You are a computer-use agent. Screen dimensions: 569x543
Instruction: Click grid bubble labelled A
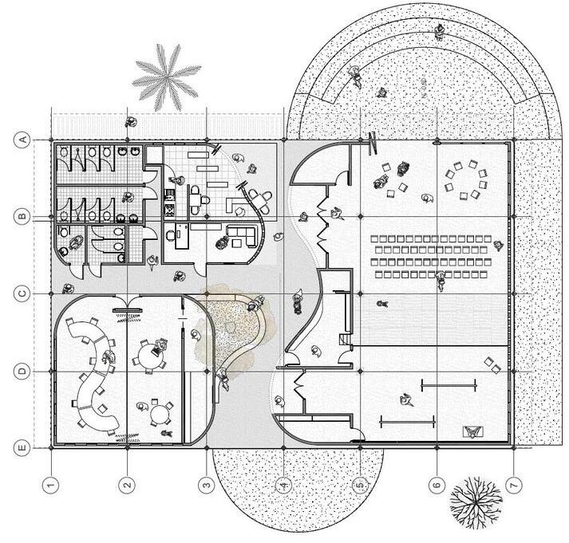click(x=23, y=140)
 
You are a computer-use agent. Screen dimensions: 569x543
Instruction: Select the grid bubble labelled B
click(x=23, y=215)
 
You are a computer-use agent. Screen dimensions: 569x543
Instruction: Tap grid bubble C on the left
click(x=23, y=293)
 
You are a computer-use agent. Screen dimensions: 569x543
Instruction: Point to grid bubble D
click(x=23, y=371)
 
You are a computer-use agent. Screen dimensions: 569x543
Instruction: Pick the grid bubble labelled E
click(x=23, y=448)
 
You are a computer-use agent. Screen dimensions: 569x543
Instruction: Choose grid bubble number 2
click(x=128, y=484)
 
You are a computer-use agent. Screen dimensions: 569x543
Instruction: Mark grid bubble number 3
click(x=206, y=484)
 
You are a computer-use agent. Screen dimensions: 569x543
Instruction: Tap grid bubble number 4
click(x=283, y=484)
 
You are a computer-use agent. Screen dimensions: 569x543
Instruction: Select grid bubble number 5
click(x=360, y=484)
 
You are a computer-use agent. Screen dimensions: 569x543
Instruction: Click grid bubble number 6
click(x=437, y=484)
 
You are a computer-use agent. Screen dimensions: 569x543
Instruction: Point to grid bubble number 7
click(x=515, y=484)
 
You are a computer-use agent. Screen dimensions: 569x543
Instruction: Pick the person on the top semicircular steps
click(x=440, y=32)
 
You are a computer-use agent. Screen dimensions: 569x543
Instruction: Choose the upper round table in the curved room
click(x=147, y=352)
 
